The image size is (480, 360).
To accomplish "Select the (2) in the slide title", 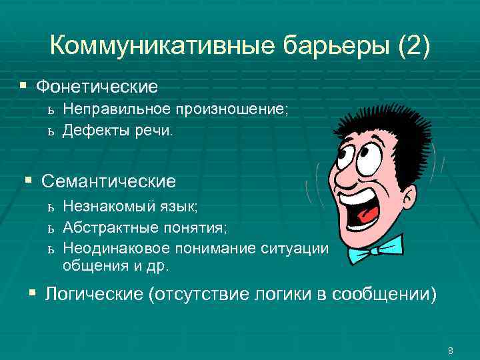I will pyautogui.click(x=414, y=46).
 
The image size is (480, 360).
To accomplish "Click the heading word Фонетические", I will pyautogui.click(x=97, y=87).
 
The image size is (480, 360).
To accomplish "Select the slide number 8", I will pyautogui.click(x=451, y=351).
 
